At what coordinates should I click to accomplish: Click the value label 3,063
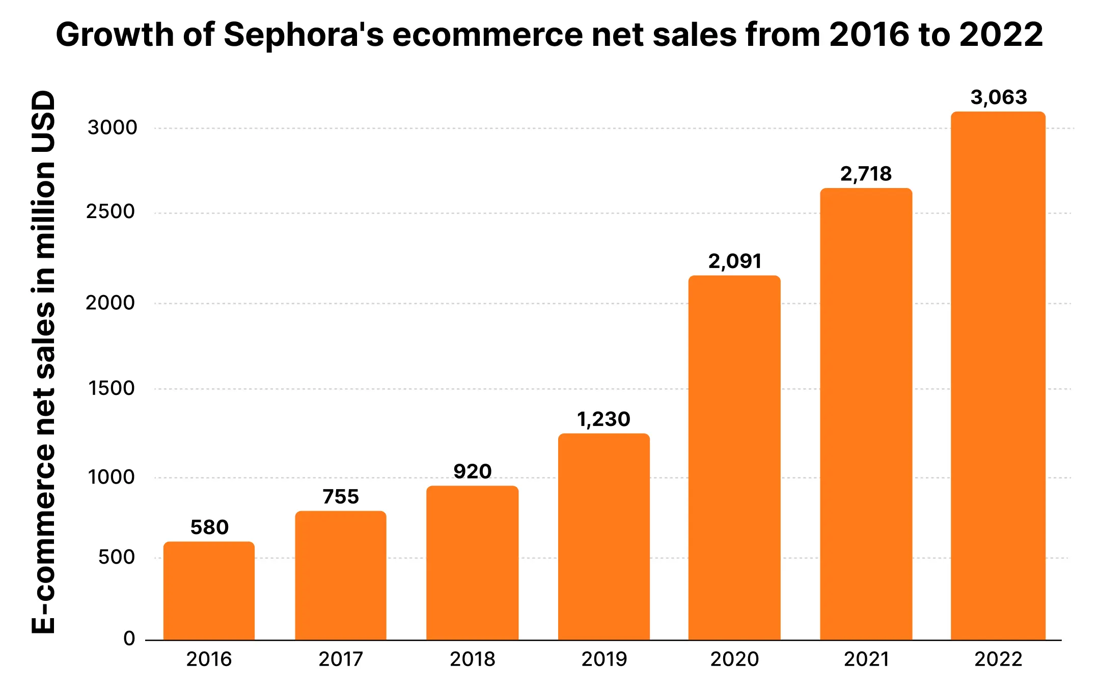[999, 97]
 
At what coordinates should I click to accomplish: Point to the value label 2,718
[866, 174]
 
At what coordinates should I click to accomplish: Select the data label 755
[341, 497]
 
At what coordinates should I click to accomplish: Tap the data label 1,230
[603, 419]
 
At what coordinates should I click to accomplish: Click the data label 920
[473, 471]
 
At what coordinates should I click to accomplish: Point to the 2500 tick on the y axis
[111, 211]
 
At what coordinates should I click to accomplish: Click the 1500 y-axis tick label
[111, 388]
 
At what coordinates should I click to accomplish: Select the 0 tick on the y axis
[129, 638]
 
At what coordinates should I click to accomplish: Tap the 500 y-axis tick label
[117, 557]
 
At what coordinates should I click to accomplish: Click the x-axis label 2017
[341, 659]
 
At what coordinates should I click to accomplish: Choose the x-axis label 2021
[866, 659]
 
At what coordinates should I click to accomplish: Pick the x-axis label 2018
[473, 659]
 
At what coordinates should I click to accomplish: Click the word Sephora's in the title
[304, 35]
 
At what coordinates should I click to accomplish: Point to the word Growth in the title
[115, 35]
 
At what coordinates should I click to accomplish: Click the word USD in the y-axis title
[43, 122]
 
